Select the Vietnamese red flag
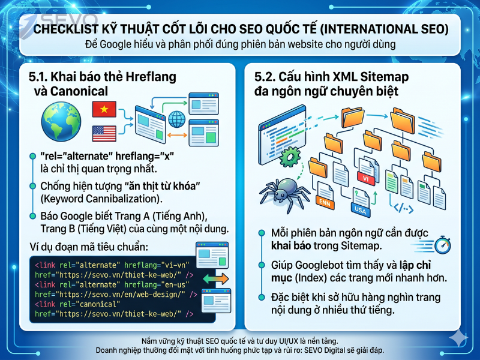click(x=104, y=109)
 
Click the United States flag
click(x=104, y=133)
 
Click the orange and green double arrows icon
click(x=210, y=279)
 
